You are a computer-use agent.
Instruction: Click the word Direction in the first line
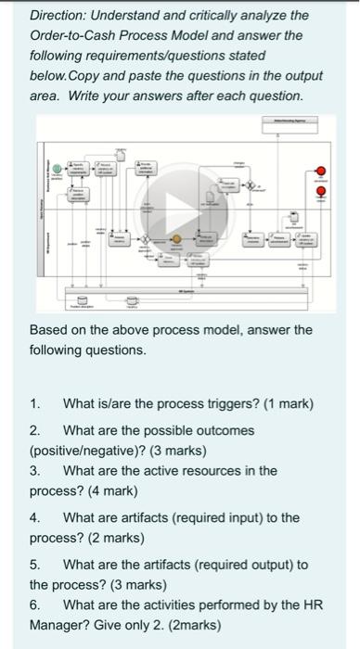pyautogui.click(x=58, y=16)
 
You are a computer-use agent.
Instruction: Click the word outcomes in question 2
pyautogui.click(x=223, y=430)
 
